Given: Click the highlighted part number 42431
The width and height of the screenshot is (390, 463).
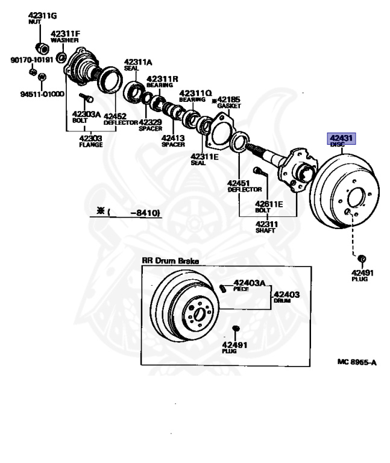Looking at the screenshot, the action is pyautogui.click(x=341, y=138).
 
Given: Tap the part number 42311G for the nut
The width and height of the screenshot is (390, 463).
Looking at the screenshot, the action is pyautogui.click(x=42, y=15).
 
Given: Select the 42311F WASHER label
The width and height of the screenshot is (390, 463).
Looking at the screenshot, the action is pyautogui.click(x=65, y=37).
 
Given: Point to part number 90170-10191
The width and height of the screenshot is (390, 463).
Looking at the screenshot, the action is pyautogui.click(x=31, y=60).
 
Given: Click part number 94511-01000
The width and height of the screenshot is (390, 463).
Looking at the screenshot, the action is pyautogui.click(x=42, y=94).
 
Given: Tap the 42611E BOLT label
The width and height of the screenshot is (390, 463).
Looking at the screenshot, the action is pyautogui.click(x=269, y=207).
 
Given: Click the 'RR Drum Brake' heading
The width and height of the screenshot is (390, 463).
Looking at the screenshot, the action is pyautogui.click(x=171, y=260).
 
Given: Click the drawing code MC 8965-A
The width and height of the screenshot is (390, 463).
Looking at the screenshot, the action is pyautogui.click(x=357, y=362).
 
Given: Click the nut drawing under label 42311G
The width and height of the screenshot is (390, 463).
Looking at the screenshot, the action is pyautogui.click(x=42, y=48).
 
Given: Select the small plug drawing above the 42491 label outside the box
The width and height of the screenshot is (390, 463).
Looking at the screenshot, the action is pyautogui.click(x=362, y=259).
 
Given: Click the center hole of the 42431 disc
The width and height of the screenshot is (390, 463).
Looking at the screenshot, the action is pyautogui.click(x=354, y=198).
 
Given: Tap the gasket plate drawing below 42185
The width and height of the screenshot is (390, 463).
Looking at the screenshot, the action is pyautogui.click(x=220, y=130).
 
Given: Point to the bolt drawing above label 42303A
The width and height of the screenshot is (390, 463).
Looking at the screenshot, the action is pyautogui.click(x=86, y=97).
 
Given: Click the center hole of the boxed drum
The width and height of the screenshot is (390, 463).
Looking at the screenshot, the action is pyautogui.click(x=198, y=315).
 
